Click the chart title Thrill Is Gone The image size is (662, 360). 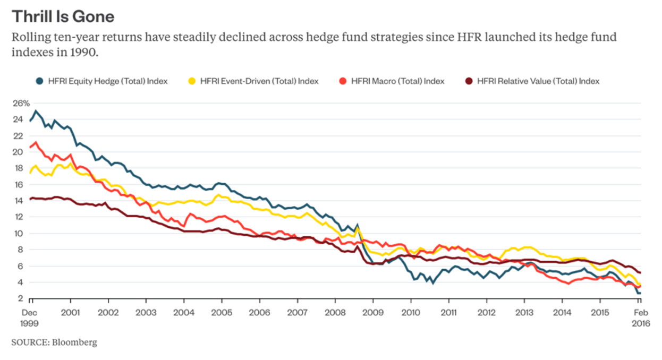(63, 16)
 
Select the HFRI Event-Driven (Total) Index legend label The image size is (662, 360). (259, 81)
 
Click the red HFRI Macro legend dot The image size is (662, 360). (343, 81)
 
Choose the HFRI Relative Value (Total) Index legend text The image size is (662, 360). (538, 81)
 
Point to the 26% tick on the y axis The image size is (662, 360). (21, 103)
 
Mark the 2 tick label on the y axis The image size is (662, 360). (19, 299)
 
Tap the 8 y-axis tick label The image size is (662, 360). (19, 250)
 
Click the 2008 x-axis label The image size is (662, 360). (335, 312)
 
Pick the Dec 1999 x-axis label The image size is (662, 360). (30, 317)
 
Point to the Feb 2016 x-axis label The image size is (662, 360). (639, 317)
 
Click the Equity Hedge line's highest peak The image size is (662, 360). (36, 111)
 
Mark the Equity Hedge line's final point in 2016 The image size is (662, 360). (640, 293)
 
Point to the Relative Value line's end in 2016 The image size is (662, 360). (640, 273)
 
